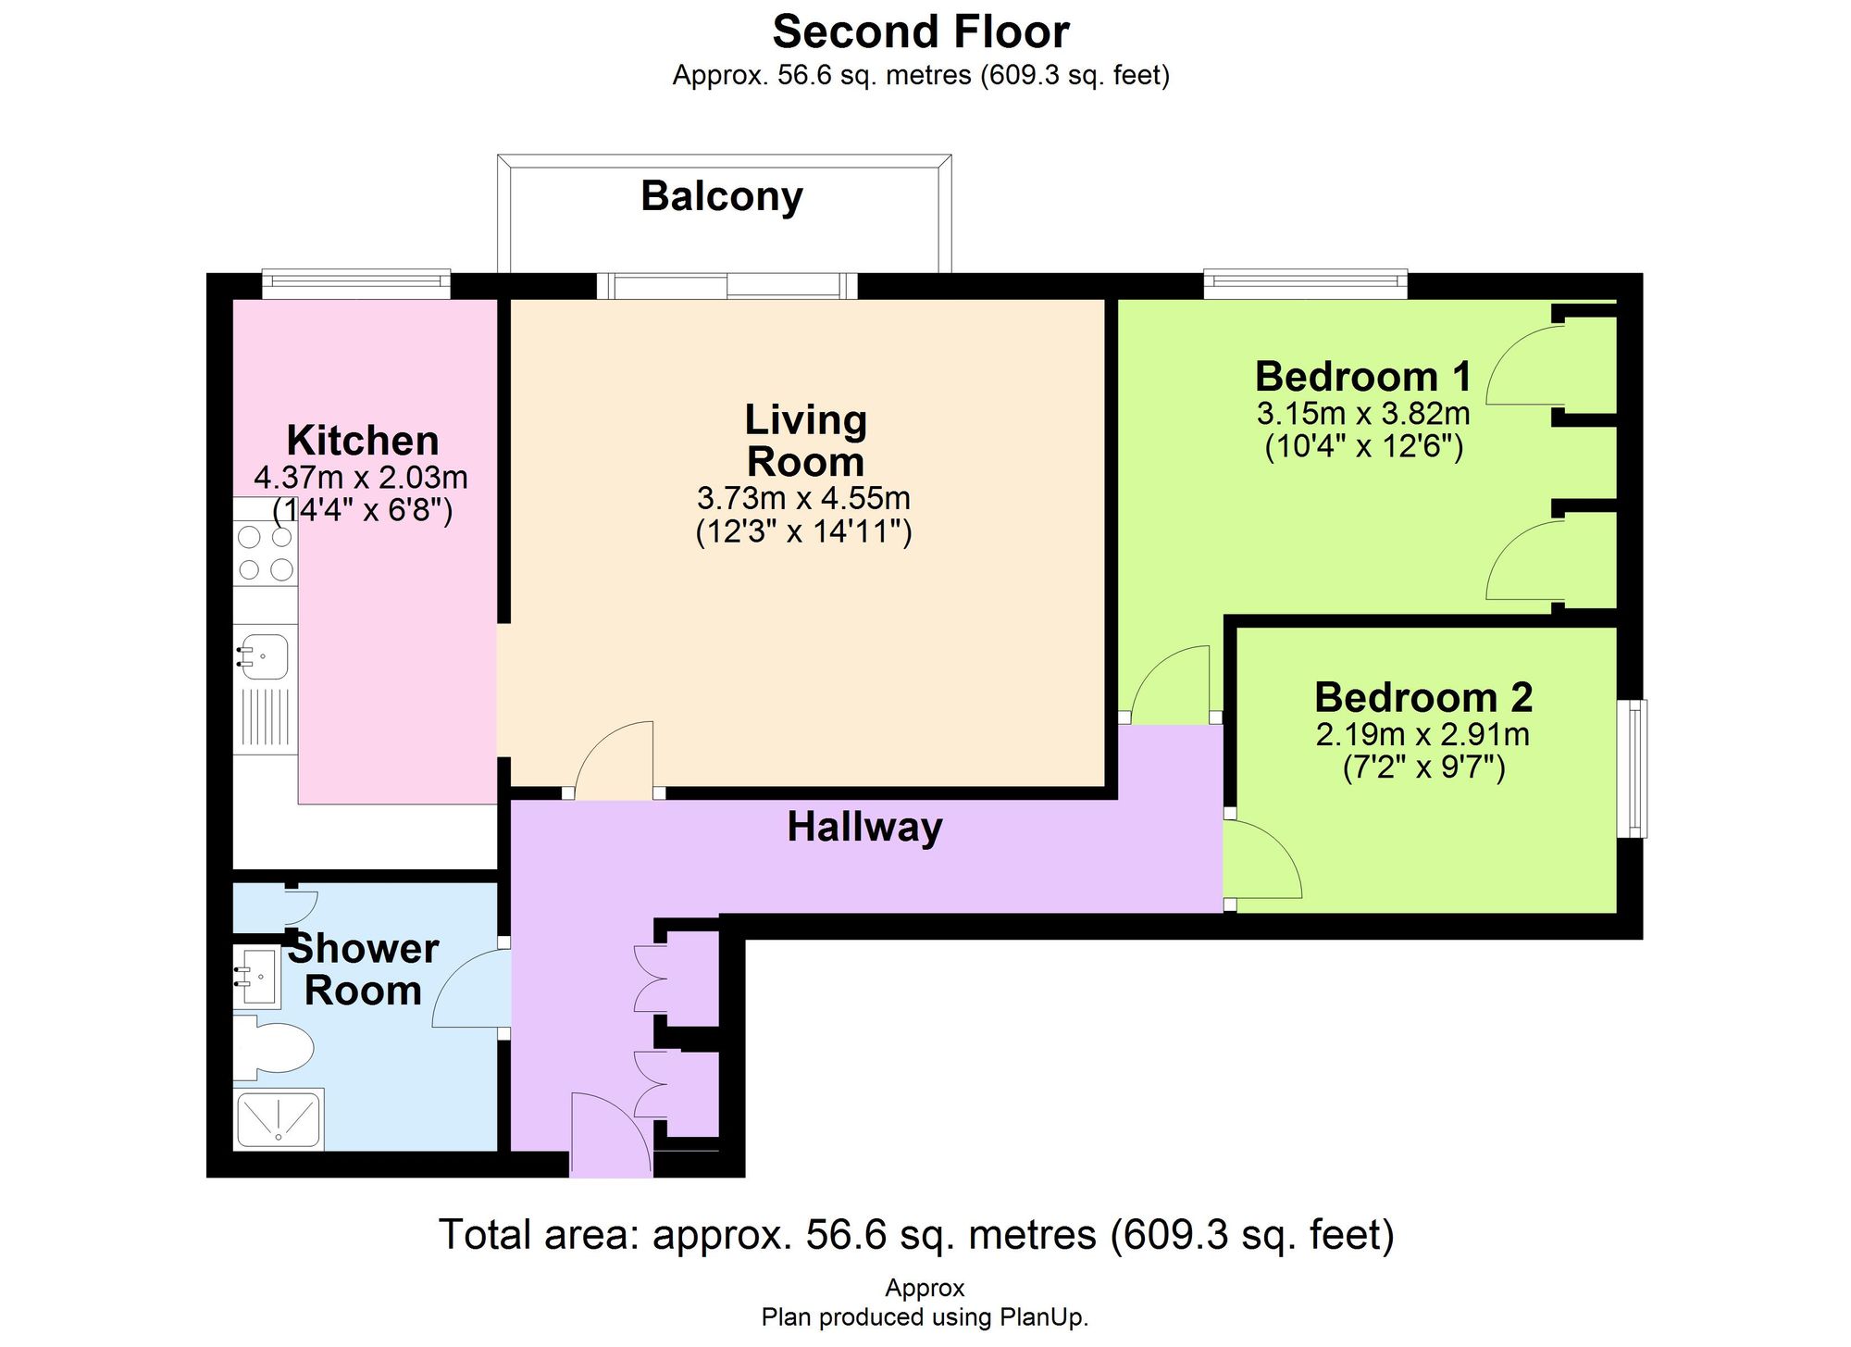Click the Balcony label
pyautogui.click(x=722, y=196)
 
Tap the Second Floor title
pyautogui.click(x=921, y=32)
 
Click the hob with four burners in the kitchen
pyautogui.click(x=265, y=554)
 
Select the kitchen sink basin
pyautogui.click(x=265, y=657)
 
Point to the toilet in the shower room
pyautogui.click(x=274, y=1048)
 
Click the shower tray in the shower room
pyautogui.click(x=279, y=1119)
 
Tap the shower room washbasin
pyautogui.click(x=256, y=976)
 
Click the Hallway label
pyautogui.click(x=864, y=827)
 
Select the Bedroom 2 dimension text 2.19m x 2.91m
pyautogui.click(x=1422, y=735)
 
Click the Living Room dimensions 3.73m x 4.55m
pyautogui.click(x=803, y=499)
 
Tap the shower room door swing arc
pyautogui.click(x=470, y=989)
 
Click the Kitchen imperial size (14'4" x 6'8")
pyautogui.click(x=362, y=511)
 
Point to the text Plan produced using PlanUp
pyautogui.click(x=925, y=1317)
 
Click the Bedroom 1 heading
pyautogui.click(x=1362, y=377)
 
